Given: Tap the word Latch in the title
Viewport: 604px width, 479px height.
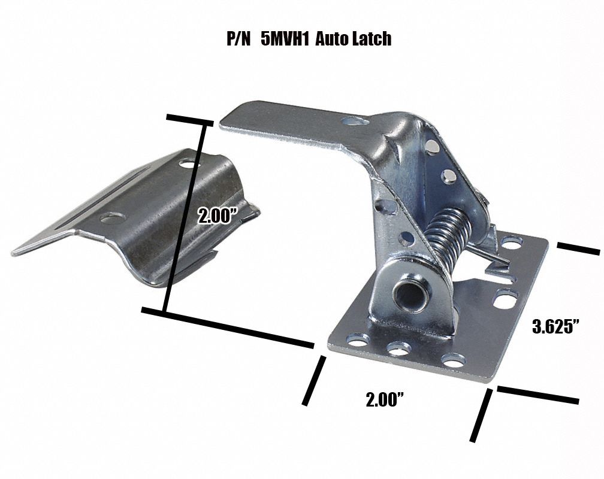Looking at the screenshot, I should coord(370,39).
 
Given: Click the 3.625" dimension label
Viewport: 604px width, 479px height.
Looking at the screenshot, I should coord(557,327).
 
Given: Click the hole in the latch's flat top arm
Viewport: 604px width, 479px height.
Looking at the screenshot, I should coord(356,122).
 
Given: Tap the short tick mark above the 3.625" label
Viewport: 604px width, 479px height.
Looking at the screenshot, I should coord(578,249).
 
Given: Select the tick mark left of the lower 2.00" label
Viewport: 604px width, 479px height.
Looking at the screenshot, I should coord(315,380).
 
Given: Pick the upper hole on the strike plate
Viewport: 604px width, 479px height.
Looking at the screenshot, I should coord(189,162).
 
